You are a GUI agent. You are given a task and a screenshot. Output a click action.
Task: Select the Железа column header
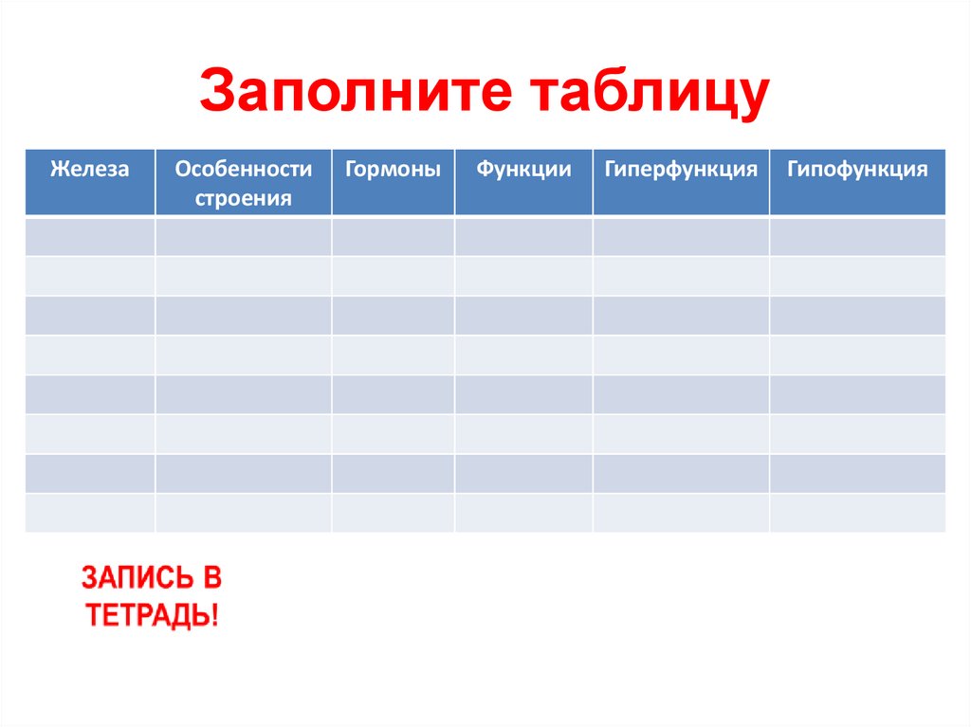[x=89, y=171]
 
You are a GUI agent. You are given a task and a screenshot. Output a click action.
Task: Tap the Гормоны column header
[x=393, y=171]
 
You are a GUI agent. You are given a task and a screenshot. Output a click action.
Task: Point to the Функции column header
[x=523, y=171]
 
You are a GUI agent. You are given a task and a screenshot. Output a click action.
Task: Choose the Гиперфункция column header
[x=681, y=171]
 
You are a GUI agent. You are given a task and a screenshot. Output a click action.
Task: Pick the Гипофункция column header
[x=857, y=171]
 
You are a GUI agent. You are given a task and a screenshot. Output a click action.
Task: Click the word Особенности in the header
[x=243, y=170]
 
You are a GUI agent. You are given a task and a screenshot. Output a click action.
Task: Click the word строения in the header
[x=243, y=198]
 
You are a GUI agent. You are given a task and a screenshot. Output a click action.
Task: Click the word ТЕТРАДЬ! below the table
[x=152, y=615]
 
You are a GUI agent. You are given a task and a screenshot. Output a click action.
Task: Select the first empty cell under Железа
[x=89, y=237]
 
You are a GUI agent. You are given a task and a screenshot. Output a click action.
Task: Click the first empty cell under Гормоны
[x=393, y=237]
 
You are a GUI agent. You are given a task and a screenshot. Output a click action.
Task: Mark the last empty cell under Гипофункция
[x=857, y=513]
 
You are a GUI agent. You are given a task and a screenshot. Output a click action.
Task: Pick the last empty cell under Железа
[x=89, y=513]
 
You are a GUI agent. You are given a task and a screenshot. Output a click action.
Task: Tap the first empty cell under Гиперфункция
[x=681, y=237]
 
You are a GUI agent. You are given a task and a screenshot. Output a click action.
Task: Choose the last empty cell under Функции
[x=523, y=513]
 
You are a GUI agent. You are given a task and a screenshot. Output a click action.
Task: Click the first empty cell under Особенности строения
[x=243, y=237]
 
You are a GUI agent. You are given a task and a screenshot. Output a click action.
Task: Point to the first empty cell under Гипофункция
[x=857, y=237]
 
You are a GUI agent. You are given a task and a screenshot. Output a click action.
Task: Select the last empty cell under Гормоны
[x=393, y=513]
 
